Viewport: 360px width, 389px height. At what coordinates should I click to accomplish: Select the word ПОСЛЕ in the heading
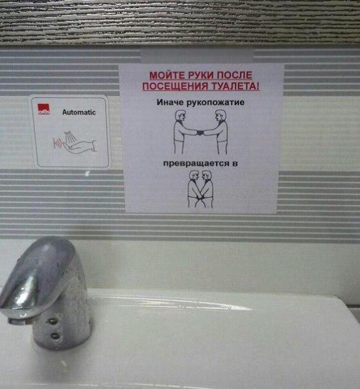pyautogui.click(x=235, y=75)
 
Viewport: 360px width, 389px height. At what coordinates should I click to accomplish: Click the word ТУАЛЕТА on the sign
pyautogui.click(x=235, y=86)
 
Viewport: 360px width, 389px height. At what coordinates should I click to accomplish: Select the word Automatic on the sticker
pyautogui.click(x=79, y=112)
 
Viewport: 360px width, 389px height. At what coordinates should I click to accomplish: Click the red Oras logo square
pyautogui.click(x=43, y=110)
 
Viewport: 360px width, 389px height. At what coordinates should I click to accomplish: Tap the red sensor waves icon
pyautogui.click(x=57, y=143)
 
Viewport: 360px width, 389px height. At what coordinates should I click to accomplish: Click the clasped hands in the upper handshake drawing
pyautogui.click(x=200, y=133)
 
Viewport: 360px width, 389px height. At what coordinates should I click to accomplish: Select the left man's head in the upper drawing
pyautogui.click(x=180, y=116)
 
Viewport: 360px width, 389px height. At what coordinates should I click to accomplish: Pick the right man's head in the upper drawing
pyautogui.click(x=220, y=116)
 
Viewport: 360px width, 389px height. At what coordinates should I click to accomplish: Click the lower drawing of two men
pyautogui.click(x=200, y=189)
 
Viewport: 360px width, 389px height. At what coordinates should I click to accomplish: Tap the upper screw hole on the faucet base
pyautogui.click(x=53, y=322)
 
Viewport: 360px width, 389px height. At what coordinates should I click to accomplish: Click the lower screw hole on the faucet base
pyautogui.click(x=55, y=336)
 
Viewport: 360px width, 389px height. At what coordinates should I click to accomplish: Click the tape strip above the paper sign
pyautogui.click(x=197, y=56)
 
